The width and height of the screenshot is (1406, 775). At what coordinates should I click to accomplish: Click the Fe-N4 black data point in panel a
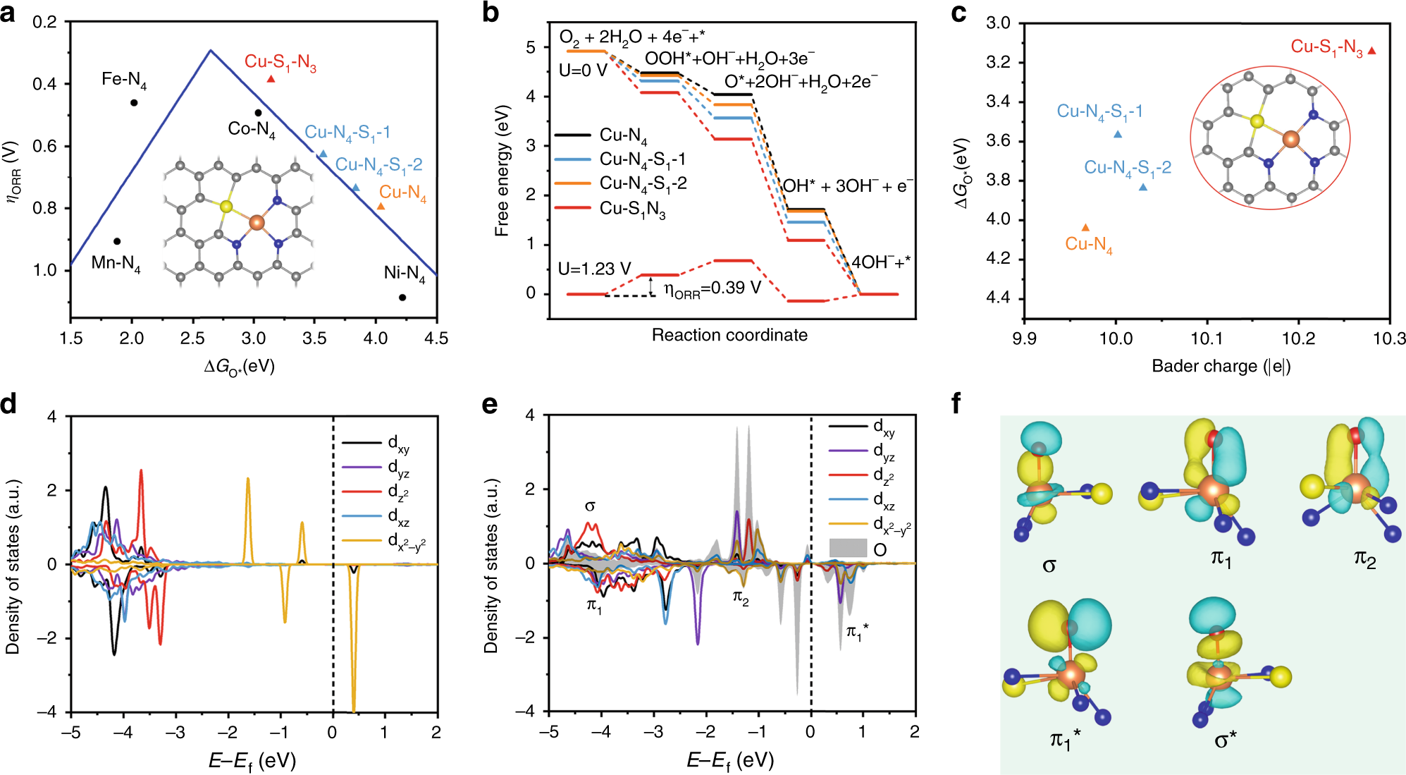134,103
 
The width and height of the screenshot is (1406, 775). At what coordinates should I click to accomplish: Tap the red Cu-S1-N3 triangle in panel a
271,79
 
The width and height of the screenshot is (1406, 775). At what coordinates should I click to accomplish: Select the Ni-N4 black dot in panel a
402,298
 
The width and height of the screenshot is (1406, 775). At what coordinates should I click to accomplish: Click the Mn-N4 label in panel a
116,264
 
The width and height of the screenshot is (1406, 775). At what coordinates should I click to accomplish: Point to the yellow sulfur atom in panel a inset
226,206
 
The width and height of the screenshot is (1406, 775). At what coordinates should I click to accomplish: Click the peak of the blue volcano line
210,50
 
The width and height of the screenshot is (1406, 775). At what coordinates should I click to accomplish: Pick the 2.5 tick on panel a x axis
192,338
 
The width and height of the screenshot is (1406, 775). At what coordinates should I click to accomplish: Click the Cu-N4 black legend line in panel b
572,135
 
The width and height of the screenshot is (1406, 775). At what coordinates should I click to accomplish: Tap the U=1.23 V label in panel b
594,269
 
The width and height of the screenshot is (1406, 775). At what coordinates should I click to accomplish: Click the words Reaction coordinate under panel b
729,335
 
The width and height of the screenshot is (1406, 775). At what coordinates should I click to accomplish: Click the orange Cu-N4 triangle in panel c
1085,228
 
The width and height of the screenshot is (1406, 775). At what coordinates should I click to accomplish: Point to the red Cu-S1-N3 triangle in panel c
1371,51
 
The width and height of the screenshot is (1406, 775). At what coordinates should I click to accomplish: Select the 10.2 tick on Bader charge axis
1297,338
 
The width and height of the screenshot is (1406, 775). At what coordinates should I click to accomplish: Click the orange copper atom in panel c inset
1290,139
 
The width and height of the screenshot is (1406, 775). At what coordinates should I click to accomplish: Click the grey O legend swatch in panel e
847,548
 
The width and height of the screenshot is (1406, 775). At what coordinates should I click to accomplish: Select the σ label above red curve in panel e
590,506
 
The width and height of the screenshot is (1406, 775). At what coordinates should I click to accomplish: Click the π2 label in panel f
1364,559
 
